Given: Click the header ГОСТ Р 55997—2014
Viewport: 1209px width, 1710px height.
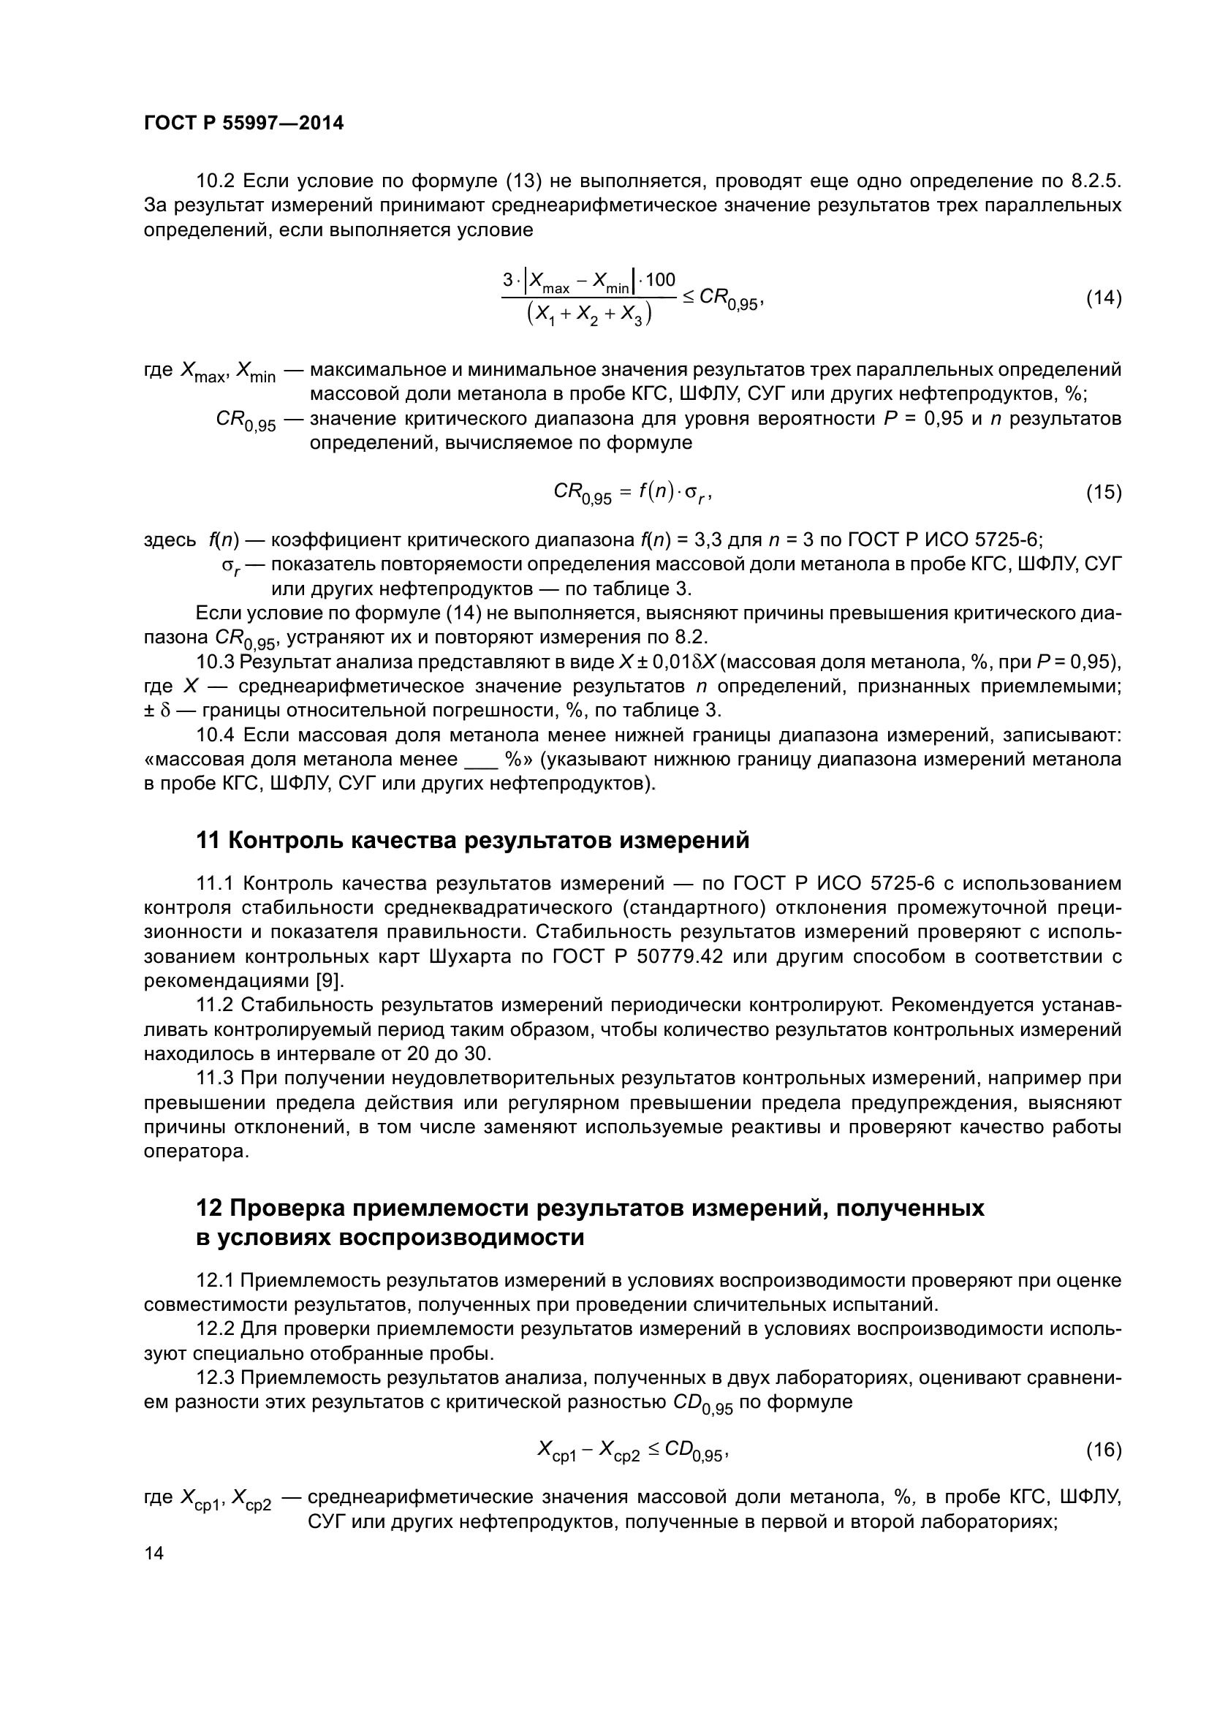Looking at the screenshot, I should (243, 124).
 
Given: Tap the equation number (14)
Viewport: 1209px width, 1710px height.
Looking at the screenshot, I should (1103, 298).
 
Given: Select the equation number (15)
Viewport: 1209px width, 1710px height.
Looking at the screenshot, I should (1103, 492).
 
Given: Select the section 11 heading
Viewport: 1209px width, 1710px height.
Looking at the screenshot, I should (472, 840).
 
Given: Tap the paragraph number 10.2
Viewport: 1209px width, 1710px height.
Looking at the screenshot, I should (215, 181).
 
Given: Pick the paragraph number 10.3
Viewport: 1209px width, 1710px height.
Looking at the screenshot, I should (215, 662).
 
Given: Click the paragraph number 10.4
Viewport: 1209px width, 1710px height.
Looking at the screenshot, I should (215, 735).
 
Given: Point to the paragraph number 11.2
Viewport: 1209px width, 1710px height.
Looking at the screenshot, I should (215, 1005).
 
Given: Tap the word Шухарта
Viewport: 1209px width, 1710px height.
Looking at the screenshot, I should (471, 956).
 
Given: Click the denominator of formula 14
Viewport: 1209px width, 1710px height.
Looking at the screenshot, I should (589, 315).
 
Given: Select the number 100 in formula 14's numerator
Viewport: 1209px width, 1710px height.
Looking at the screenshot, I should (659, 280).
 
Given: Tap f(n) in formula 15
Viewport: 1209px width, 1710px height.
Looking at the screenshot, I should (655, 492).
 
